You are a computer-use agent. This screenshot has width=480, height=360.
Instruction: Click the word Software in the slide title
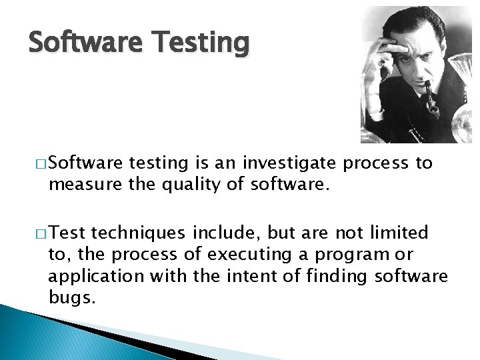pos(85,43)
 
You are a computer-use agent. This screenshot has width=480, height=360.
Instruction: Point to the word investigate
pos(291,163)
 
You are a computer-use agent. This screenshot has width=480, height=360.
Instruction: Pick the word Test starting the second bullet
pos(67,233)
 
